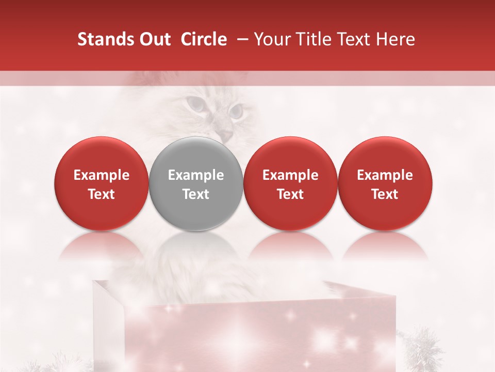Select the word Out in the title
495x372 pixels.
pos(153,39)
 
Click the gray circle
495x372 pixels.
pos(196,184)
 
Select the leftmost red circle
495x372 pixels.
pos(102,184)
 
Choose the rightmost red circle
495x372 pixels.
pos(385,184)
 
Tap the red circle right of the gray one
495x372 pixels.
pos(290,184)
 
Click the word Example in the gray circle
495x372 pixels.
pos(196,175)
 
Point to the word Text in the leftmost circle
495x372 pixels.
pos(102,194)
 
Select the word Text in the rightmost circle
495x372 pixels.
pos(385,194)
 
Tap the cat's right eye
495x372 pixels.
pos(236,110)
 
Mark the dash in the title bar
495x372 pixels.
pos(241,39)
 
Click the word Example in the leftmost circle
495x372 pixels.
pos(102,175)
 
